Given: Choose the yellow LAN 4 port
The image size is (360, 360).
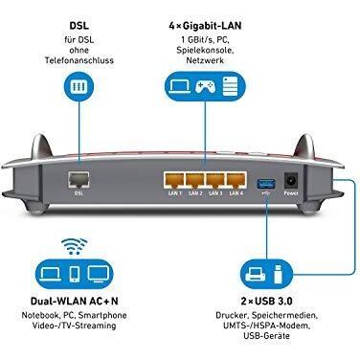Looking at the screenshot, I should (x=236, y=178).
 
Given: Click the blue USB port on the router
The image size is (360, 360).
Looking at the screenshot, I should (x=264, y=179).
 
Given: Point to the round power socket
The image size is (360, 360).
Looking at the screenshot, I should (x=292, y=178).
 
